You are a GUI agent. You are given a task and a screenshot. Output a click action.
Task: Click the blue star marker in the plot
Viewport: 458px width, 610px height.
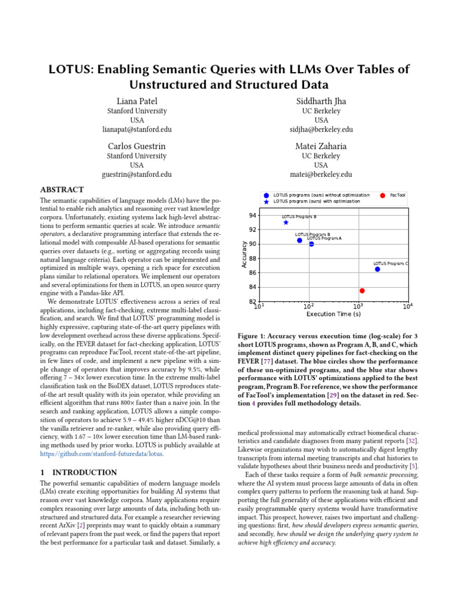point(286,222)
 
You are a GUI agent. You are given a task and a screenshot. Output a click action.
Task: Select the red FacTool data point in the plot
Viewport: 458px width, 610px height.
point(362,291)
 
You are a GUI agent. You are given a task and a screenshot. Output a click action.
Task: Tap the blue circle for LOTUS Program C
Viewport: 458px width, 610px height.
point(377,269)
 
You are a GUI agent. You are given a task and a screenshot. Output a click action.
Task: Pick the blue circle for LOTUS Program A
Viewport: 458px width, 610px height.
point(311,244)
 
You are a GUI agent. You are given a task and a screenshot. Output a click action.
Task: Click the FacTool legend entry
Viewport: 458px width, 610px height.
point(397,195)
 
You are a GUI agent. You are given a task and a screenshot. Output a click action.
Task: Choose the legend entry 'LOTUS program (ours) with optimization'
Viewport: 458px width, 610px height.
point(316,201)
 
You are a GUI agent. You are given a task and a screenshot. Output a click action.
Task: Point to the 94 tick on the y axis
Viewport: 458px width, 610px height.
point(253,216)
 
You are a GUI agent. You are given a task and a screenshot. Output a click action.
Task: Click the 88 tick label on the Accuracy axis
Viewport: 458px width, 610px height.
point(253,259)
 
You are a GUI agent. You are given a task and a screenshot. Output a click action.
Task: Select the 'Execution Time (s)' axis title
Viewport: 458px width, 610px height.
point(333,314)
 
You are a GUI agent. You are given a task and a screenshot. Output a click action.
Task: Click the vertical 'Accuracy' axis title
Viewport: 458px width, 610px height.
point(244,254)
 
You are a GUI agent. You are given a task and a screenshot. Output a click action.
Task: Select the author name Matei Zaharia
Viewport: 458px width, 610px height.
point(321,146)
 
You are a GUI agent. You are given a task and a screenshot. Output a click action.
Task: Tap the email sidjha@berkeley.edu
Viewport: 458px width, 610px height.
point(321,129)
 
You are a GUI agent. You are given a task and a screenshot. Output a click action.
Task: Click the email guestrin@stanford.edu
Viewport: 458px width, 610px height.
point(137,175)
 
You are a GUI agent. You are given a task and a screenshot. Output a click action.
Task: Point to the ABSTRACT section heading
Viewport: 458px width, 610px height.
point(61,190)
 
